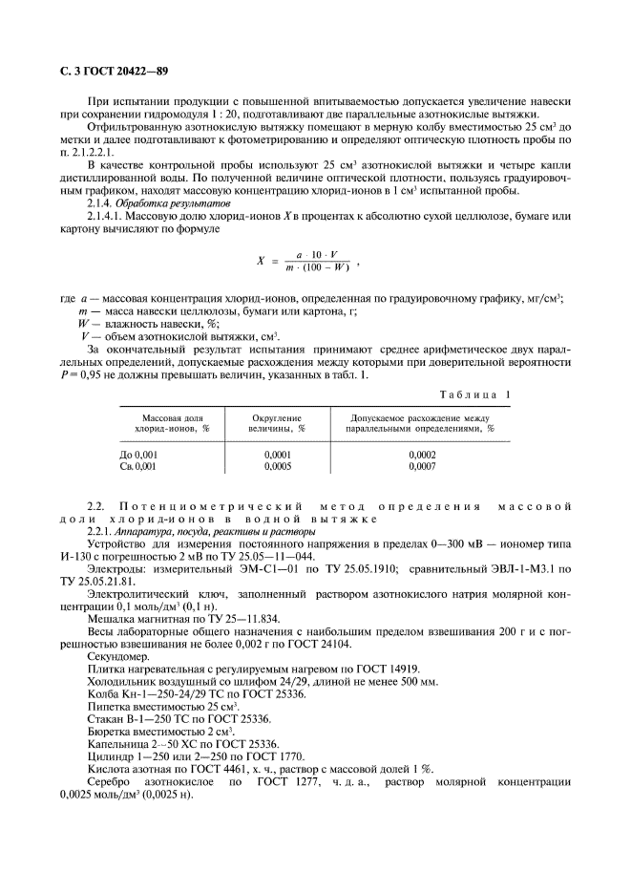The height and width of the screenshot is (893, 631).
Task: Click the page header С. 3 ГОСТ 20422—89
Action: pos(108,72)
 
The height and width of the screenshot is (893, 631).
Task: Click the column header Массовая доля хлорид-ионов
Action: pos(172,424)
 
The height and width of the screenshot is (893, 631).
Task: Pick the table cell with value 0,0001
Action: pos(277,456)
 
